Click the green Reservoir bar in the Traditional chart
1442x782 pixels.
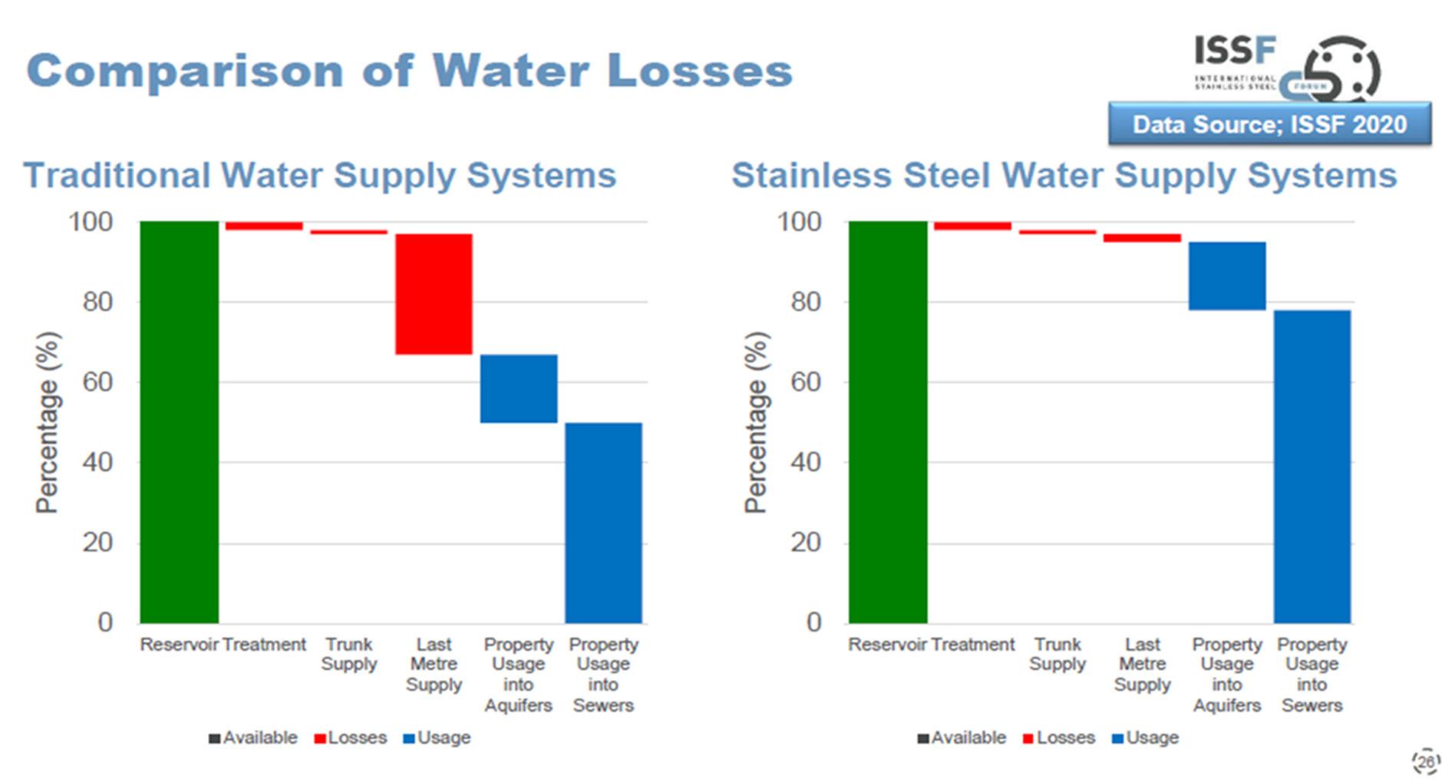coord(179,421)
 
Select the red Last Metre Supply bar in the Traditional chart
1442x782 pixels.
coord(434,294)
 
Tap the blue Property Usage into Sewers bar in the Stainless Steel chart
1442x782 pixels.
coord(1312,466)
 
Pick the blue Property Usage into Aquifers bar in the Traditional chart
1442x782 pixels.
coord(519,388)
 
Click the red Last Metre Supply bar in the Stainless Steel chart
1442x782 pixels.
coord(1142,238)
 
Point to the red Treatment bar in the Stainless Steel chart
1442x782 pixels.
coord(972,226)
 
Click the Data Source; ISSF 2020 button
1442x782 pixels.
coord(1269,124)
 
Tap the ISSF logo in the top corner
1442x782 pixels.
coord(1286,68)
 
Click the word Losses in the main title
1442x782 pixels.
coord(699,71)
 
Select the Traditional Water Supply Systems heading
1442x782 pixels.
coord(320,175)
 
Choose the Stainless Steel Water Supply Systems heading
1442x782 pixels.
coord(1064,175)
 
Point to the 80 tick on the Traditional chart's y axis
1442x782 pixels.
coord(97,302)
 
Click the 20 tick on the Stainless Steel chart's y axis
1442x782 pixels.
coord(806,543)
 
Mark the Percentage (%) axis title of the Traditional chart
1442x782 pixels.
coord(48,421)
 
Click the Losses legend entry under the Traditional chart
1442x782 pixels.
coord(351,737)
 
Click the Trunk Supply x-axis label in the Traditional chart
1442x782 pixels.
coord(349,654)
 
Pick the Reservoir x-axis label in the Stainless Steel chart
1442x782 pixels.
coord(887,645)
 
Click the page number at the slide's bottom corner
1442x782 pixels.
coord(1426,761)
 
